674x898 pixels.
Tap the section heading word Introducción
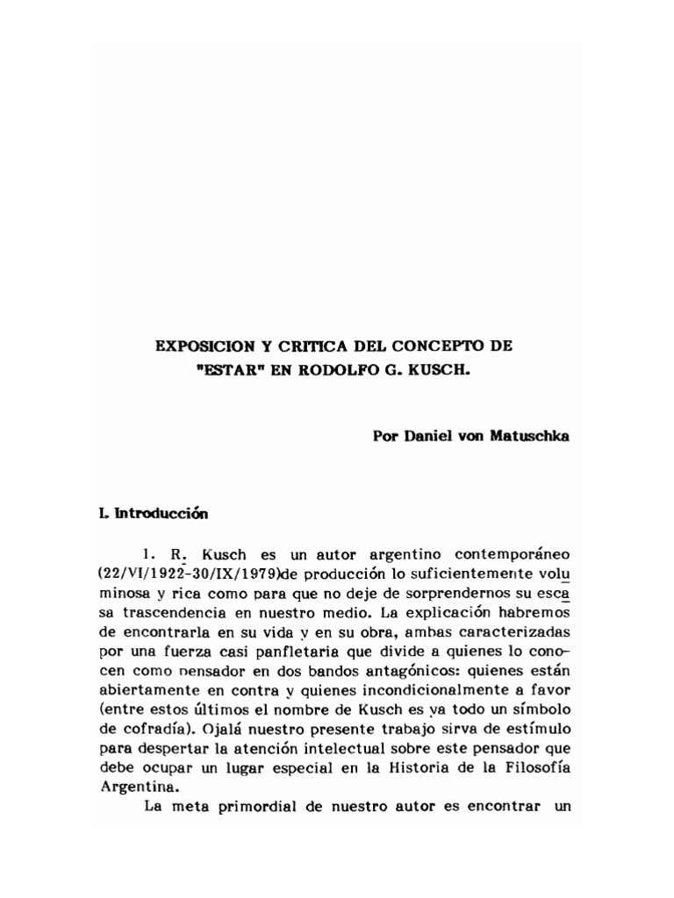click(x=164, y=516)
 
